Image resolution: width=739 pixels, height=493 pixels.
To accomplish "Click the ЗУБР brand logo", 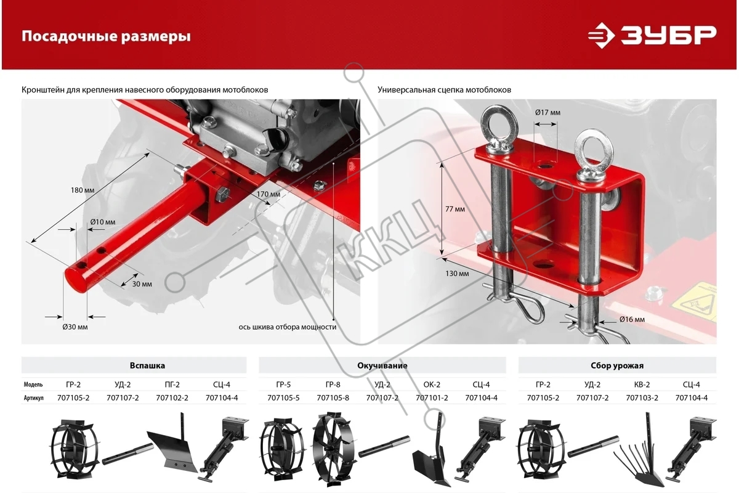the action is click(x=652, y=35).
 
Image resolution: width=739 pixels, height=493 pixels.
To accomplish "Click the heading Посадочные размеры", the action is click(x=106, y=36).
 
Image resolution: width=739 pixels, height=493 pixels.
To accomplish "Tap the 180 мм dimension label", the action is click(x=83, y=190).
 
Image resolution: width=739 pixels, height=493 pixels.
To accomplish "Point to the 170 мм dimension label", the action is click(x=269, y=194).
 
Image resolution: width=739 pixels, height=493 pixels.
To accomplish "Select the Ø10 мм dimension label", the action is click(x=103, y=222).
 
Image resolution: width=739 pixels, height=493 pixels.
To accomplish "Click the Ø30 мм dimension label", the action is click(x=75, y=327).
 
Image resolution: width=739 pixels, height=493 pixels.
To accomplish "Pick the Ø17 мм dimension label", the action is click(x=547, y=113).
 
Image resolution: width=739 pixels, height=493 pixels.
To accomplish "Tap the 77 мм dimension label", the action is click(x=455, y=209).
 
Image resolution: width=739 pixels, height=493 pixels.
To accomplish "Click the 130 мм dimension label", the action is click(x=457, y=274).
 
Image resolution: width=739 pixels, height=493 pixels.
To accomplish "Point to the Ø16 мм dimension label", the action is click(x=632, y=319).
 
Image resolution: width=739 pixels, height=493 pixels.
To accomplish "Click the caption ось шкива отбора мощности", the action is click(x=288, y=327).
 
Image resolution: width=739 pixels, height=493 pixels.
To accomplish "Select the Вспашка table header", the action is click(x=147, y=365).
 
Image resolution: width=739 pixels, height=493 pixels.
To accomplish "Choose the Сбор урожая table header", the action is click(x=617, y=365).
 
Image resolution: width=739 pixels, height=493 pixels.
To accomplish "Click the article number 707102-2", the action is click(x=172, y=398).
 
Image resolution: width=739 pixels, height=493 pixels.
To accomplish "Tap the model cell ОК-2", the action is click(x=432, y=385).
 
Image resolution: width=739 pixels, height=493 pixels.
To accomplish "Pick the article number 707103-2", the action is click(x=642, y=398).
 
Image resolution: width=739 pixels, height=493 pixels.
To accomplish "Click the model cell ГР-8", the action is click(x=333, y=385).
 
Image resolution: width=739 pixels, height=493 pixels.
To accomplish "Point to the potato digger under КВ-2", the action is click(x=639, y=450).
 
